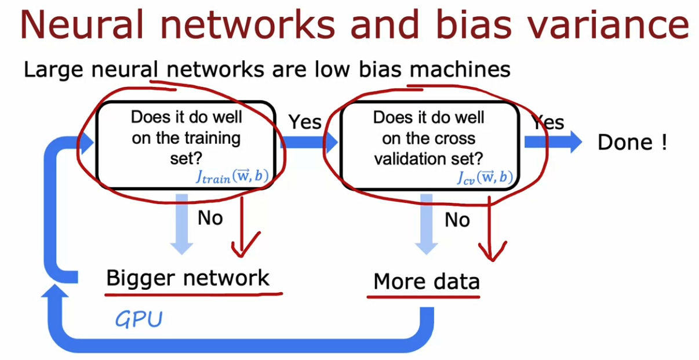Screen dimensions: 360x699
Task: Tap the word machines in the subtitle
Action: coord(460,70)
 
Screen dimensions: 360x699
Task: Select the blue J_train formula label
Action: coord(231,177)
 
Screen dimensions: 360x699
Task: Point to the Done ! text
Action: coord(632,143)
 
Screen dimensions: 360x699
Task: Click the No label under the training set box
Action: coord(210,218)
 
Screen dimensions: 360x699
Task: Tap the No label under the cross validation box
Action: coord(457,220)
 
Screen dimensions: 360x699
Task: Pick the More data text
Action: coord(427,282)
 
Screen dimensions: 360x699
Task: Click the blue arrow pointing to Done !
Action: coord(553,142)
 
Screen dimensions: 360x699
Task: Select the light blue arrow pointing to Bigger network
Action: coord(182,224)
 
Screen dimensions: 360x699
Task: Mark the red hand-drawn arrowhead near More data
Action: coord(491,250)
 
